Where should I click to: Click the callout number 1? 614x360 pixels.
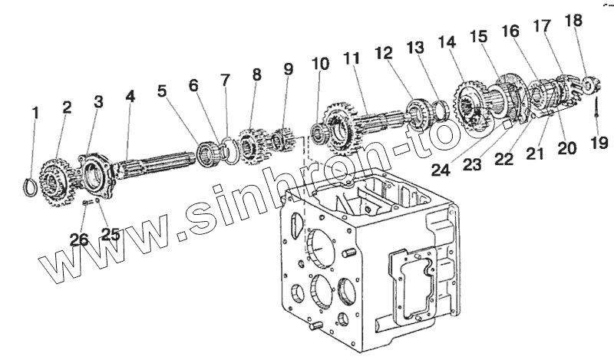[35, 114]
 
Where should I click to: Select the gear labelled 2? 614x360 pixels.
[52, 178]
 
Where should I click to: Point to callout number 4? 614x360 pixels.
[130, 98]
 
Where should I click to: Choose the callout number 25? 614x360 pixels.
[111, 234]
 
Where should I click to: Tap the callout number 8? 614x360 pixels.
[256, 74]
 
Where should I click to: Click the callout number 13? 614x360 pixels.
[415, 48]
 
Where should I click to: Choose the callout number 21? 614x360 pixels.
[534, 154]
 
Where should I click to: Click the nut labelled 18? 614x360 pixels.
[592, 83]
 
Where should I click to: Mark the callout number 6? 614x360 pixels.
[193, 85]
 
